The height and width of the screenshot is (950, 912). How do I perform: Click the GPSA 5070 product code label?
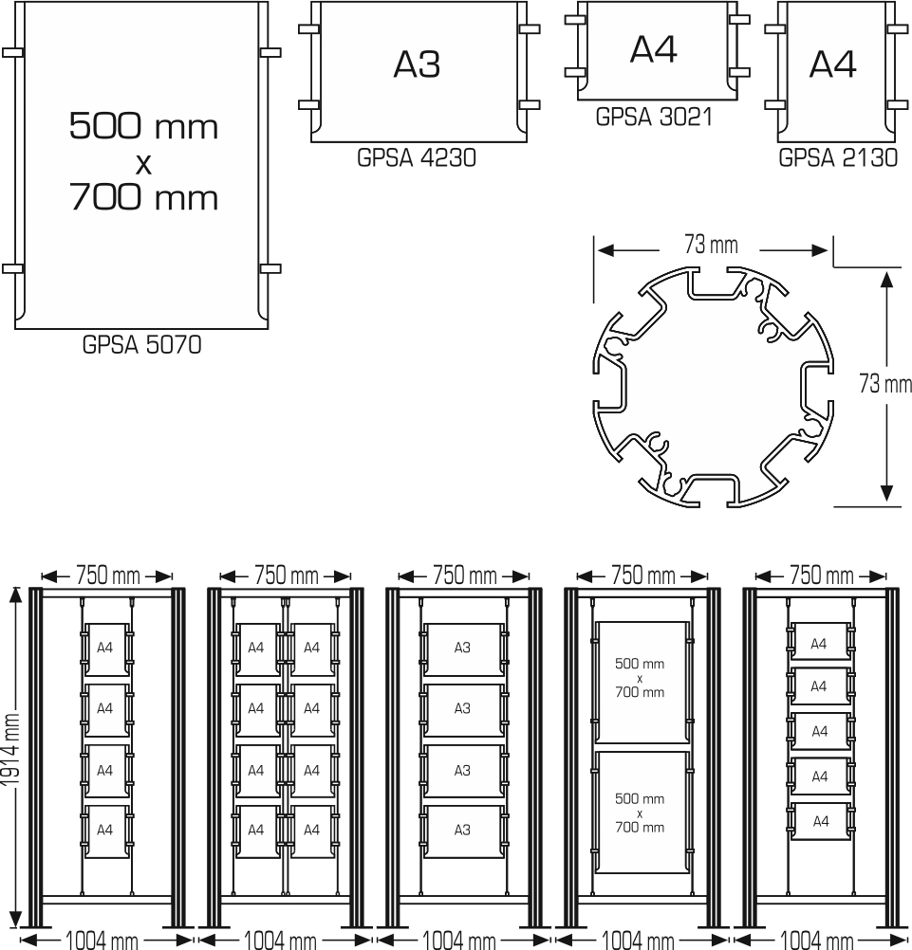142,345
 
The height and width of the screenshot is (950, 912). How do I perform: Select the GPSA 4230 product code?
417,157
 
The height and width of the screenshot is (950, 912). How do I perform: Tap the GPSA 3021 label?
654,117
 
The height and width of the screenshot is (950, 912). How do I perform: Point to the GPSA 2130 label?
838,157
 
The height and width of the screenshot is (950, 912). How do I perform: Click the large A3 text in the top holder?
417,64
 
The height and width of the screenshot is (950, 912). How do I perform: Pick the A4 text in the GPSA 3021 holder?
654,49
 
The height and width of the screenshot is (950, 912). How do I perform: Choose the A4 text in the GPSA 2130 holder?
832,64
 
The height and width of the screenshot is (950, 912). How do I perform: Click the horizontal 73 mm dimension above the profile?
712,245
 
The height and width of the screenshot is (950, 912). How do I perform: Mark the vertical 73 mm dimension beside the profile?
885,384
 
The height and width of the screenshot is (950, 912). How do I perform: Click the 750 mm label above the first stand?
108,575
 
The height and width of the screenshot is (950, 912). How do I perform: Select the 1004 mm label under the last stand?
817,940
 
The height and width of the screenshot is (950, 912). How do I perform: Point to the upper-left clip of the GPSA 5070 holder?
12,53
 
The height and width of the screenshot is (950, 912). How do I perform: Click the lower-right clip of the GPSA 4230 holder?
530,105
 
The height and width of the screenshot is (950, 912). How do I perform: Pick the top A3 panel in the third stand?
463,649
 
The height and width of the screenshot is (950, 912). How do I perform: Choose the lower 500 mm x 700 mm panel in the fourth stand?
641,813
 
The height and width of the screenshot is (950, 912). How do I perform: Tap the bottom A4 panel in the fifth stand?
820,822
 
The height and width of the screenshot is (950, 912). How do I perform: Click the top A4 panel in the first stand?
106,649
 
